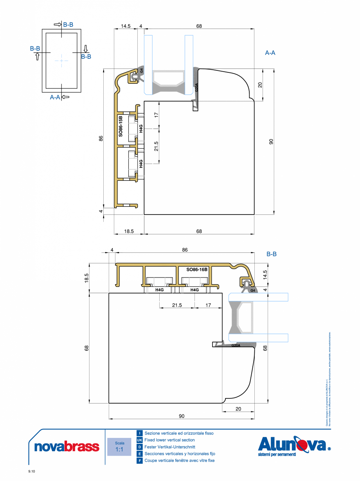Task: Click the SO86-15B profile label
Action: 121,126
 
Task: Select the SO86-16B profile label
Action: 197,270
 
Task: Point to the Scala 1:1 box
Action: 119,447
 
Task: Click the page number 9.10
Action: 32,472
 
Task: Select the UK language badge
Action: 139,440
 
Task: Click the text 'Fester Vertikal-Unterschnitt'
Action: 169,447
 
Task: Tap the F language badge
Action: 139,461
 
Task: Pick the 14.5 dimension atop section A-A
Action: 126,26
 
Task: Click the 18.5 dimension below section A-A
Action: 129,231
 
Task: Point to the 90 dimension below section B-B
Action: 182,416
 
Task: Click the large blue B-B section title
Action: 272,254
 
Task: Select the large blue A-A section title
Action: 270,52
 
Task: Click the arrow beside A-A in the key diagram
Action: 65,97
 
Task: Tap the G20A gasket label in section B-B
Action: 236,346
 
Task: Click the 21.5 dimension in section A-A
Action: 157,146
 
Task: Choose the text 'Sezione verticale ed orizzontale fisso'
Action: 179,433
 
